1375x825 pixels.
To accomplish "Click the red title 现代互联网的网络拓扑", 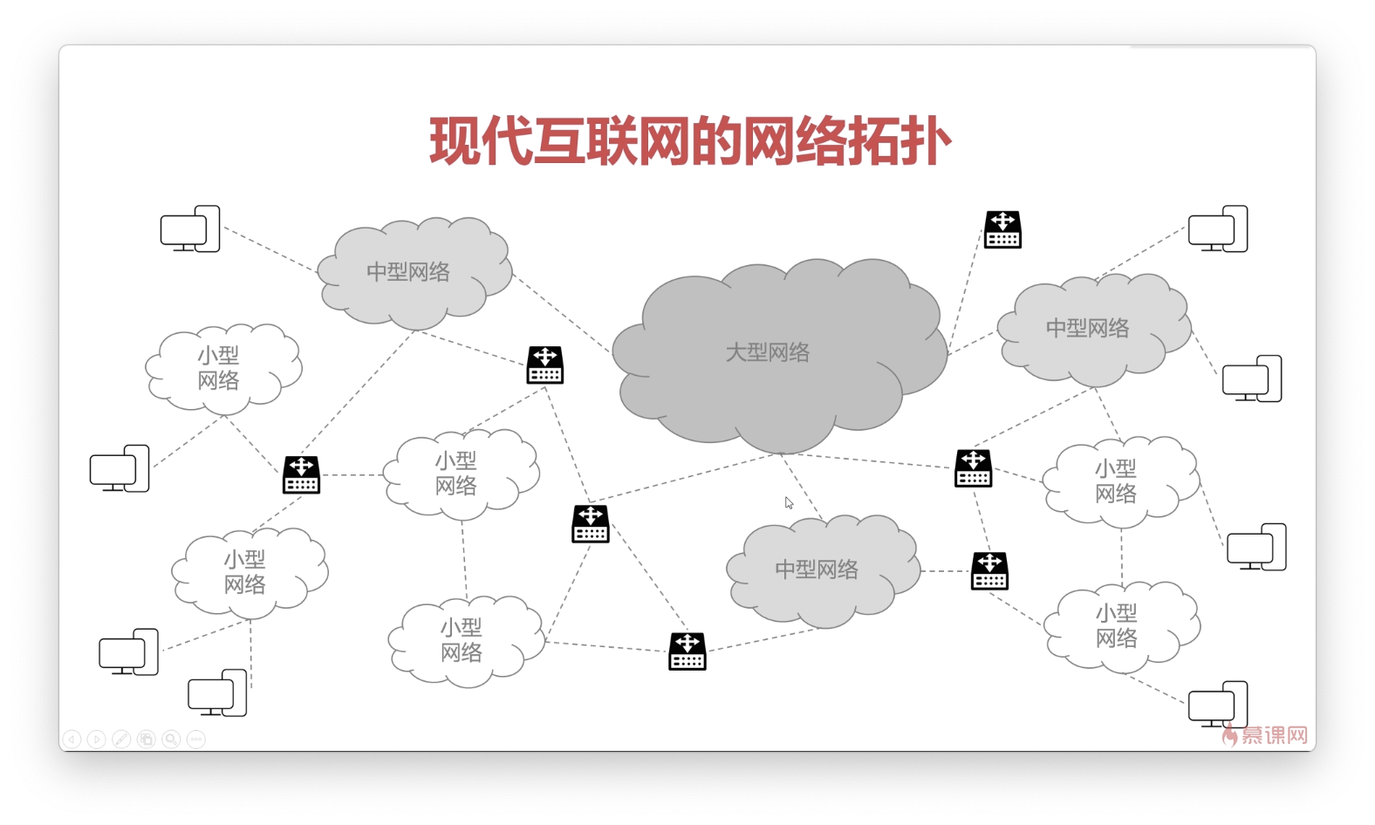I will pyautogui.click(x=689, y=141).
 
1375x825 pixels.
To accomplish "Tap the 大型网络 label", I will pyautogui.click(x=768, y=352).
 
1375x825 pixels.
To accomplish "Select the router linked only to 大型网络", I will pyautogui.click(x=1002, y=229).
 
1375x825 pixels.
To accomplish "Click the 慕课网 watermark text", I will pyautogui.click(x=1275, y=736).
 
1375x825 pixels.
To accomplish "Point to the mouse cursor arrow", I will pyautogui.click(x=788, y=502).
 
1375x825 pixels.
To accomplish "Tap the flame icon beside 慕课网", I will pyautogui.click(x=1230, y=736).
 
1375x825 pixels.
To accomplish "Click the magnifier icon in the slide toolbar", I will pyautogui.click(x=171, y=740).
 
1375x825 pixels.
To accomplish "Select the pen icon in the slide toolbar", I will pyautogui.click(x=121, y=740).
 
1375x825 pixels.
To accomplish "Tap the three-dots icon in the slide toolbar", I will pyautogui.click(x=196, y=740).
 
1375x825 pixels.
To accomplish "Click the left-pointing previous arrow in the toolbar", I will pyautogui.click(x=72, y=740).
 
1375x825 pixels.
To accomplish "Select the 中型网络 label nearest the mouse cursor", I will pyautogui.click(x=817, y=569).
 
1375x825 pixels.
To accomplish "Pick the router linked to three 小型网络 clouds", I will pyautogui.click(x=301, y=475).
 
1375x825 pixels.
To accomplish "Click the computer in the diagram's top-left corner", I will pyautogui.click(x=190, y=229).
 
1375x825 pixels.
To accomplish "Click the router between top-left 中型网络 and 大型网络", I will pyautogui.click(x=545, y=365).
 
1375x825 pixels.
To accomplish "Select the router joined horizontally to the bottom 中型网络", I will pyautogui.click(x=989, y=571).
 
